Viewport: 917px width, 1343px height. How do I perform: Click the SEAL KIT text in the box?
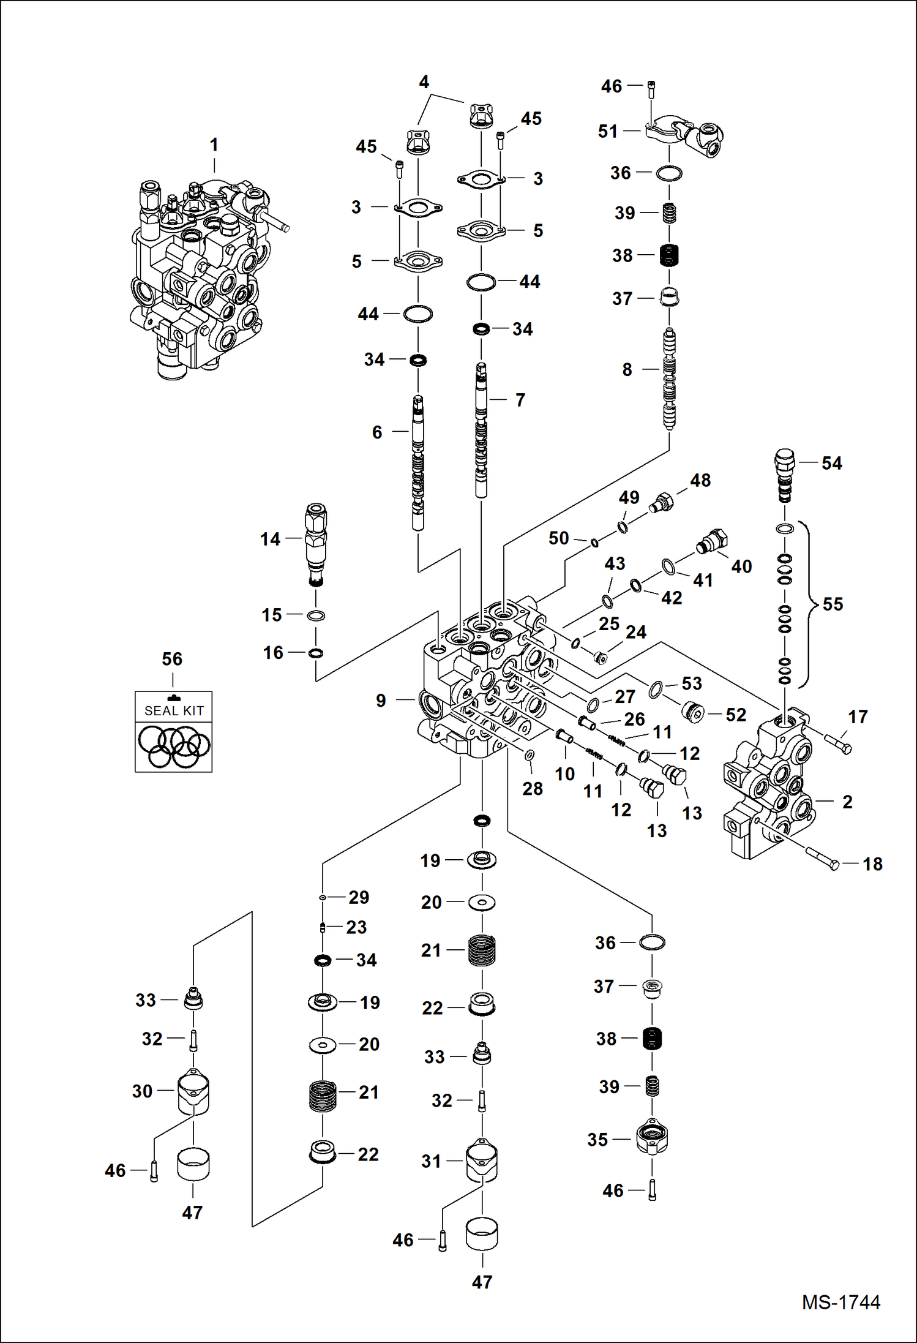point(173,710)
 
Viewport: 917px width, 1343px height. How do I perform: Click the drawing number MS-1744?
point(840,1302)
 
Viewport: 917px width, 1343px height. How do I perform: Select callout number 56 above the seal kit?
point(172,659)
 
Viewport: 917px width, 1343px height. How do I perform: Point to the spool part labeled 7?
point(482,429)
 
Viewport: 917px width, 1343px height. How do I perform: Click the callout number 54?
point(831,463)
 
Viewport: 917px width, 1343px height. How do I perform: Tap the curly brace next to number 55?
point(812,604)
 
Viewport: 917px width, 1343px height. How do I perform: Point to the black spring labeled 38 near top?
point(670,255)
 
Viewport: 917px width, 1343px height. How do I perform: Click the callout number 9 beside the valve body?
point(381,701)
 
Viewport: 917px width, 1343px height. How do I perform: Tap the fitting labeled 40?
point(711,541)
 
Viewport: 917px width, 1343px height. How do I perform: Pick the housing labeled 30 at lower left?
point(193,1092)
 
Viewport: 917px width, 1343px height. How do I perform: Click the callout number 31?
point(431,1161)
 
